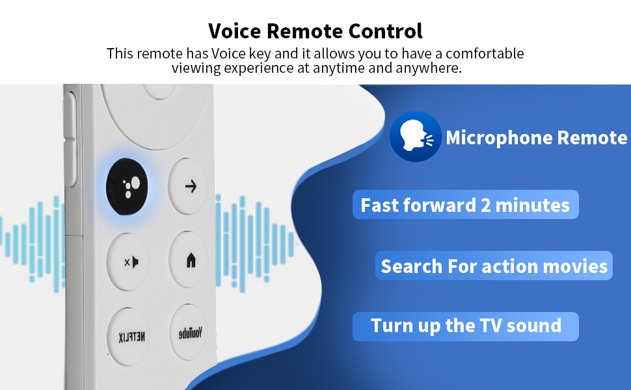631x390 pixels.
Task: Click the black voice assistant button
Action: pyautogui.click(x=127, y=187)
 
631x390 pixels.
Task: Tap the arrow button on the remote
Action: pyautogui.click(x=189, y=186)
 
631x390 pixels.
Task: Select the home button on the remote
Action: pyautogui.click(x=189, y=260)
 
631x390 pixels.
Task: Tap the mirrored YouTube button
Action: pyautogui.click(x=190, y=333)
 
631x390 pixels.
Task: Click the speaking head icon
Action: pyautogui.click(x=415, y=136)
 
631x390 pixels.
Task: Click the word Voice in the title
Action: pyautogui.click(x=234, y=31)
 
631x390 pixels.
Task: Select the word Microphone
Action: pyautogui.click(x=499, y=138)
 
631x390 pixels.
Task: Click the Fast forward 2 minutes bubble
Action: pyautogui.click(x=466, y=205)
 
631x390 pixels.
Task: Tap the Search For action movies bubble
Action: pyautogui.click(x=494, y=266)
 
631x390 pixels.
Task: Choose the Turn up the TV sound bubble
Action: pyautogui.click(x=466, y=326)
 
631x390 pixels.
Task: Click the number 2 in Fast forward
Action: pyautogui.click(x=486, y=205)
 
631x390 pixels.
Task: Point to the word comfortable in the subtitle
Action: pyautogui.click(x=485, y=53)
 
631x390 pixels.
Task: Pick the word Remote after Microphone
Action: pyautogui.click(x=593, y=138)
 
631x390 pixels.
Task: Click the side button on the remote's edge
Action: pyautogui.click(x=70, y=139)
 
